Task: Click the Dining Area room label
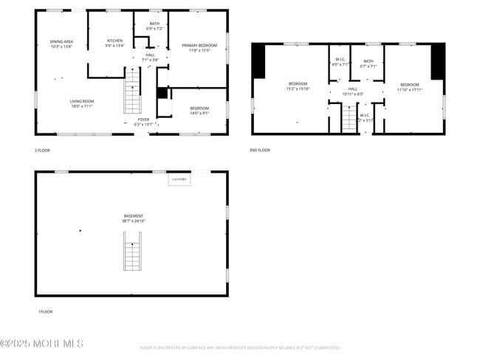(x=61, y=44)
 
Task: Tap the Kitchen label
(x=114, y=43)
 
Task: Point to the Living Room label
(x=80, y=103)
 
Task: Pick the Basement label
(x=133, y=218)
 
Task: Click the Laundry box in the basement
(x=179, y=179)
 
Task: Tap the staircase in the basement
(x=132, y=251)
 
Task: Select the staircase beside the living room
(x=131, y=91)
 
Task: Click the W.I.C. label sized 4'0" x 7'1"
(x=340, y=62)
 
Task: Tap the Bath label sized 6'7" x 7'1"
(x=368, y=63)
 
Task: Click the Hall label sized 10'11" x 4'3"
(x=353, y=91)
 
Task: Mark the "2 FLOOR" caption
(x=43, y=150)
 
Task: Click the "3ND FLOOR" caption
(x=260, y=150)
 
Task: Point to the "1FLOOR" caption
(x=45, y=311)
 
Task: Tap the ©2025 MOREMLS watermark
(x=42, y=344)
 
